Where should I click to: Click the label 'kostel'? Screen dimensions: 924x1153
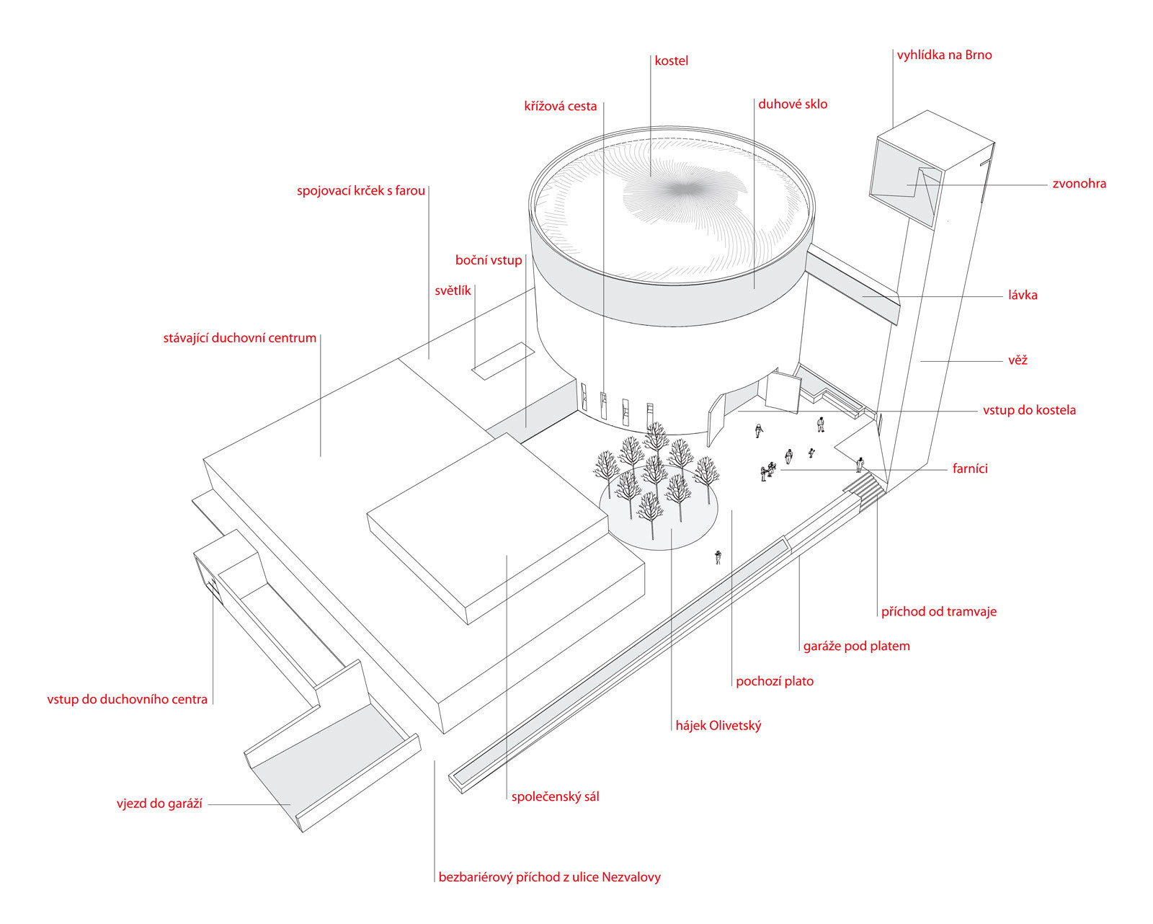click(671, 61)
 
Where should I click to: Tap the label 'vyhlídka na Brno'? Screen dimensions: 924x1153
click(944, 55)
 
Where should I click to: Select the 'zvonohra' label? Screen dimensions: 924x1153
click(1079, 184)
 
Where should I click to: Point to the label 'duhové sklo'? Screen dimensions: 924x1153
click(793, 105)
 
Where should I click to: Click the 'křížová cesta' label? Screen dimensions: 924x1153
click(560, 107)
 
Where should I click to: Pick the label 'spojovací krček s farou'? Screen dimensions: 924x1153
click(360, 191)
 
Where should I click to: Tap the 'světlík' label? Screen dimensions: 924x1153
click(453, 291)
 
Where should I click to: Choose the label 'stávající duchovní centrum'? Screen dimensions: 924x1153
click(239, 338)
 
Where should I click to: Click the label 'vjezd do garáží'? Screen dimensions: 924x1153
click(159, 804)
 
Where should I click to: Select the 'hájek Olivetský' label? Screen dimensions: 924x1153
click(718, 726)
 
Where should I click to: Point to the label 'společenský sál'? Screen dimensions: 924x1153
click(555, 797)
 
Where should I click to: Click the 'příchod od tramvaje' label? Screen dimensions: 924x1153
click(938, 612)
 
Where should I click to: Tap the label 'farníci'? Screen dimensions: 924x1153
click(969, 469)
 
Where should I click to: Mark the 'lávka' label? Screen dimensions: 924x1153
click(1023, 296)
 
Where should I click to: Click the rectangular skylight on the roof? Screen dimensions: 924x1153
click(503, 360)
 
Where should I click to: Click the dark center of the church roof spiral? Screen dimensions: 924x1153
click(683, 190)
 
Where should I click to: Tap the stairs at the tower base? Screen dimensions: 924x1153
click(866, 487)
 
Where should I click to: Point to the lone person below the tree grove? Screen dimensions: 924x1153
click(718, 557)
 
